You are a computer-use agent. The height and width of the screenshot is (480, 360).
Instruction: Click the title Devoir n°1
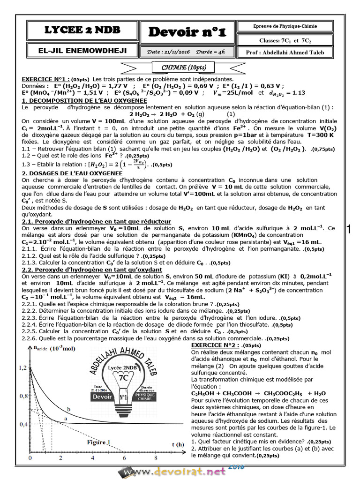point(187,32)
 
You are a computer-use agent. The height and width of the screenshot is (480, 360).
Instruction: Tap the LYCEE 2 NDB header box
point(82,30)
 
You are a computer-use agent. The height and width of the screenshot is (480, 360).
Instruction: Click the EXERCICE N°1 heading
point(45,80)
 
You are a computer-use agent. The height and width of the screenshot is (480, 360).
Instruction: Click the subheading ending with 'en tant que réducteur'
point(96,221)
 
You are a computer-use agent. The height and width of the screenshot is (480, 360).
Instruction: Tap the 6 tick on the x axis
point(124,457)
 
